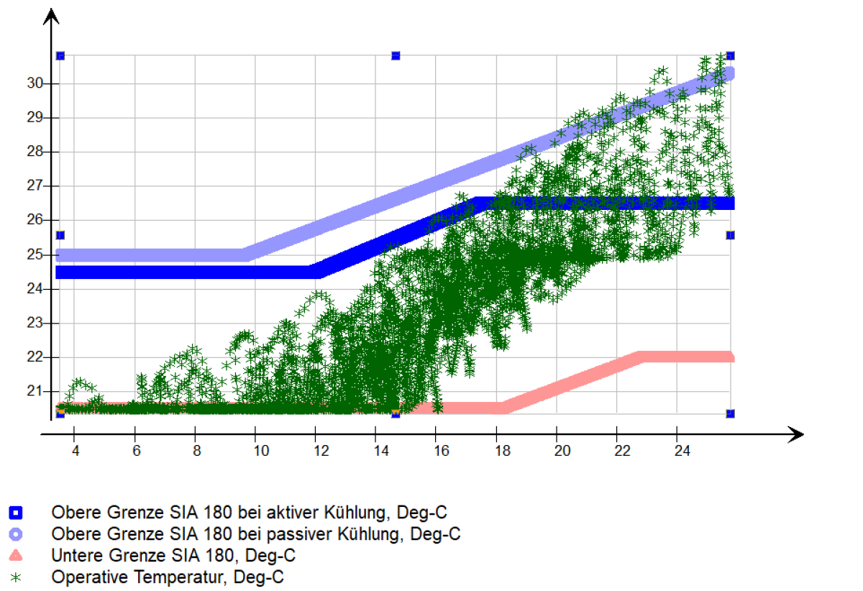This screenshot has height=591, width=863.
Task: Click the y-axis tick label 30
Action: tap(34, 83)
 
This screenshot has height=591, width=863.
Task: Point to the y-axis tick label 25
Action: tap(34, 255)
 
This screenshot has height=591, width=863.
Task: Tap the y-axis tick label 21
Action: tap(34, 391)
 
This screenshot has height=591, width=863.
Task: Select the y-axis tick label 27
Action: tap(34, 186)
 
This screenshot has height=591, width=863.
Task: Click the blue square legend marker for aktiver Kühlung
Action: tap(15, 513)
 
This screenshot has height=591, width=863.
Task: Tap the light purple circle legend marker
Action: tap(15, 534)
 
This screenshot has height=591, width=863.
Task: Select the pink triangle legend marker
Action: tap(15, 555)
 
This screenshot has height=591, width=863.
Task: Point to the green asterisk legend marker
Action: tap(15, 577)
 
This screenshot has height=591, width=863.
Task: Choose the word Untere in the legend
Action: tap(75, 555)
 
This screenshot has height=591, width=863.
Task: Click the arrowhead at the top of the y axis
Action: tap(50, 15)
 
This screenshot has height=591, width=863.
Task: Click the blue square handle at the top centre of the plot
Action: tap(396, 55)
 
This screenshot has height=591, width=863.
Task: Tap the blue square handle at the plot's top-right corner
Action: tap(730, 55)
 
